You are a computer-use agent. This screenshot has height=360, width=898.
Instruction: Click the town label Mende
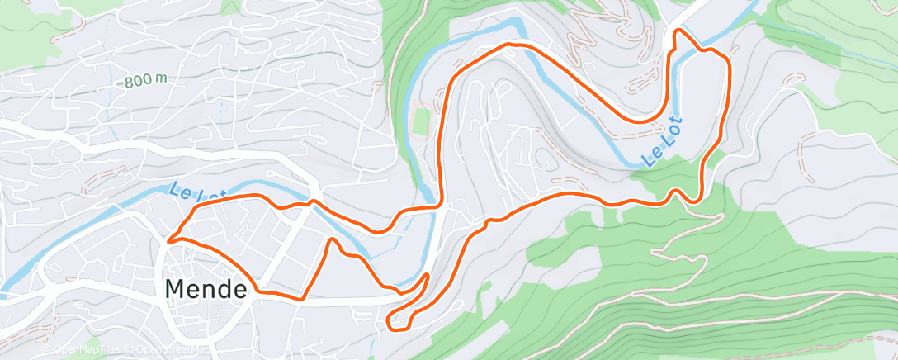[206, 289]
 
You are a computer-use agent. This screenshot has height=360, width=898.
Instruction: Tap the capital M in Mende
[177, 289]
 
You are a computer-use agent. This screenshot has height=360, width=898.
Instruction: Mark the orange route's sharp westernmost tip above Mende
[168, 241]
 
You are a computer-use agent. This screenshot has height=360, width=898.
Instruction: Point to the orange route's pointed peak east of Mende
[332, 240]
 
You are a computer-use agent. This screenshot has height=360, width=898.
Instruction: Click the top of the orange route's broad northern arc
[513, 44]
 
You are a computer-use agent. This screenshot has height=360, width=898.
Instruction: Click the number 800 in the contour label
[138, 82]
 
